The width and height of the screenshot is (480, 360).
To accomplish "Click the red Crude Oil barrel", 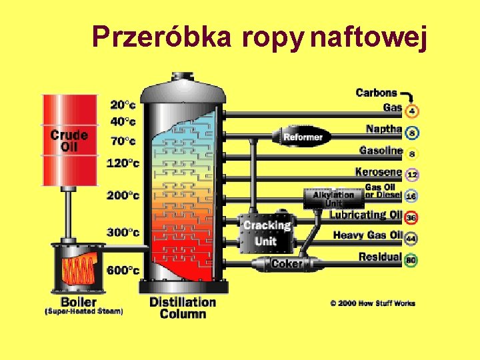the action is tap(69, 140).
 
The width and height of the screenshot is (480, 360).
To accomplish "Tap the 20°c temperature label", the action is tap(123, 105).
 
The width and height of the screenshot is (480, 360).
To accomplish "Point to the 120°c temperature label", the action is tap(123, 163).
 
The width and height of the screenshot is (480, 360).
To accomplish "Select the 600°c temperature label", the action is tap(123, 270).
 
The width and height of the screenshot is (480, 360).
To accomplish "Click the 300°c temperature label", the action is tap(123, 232).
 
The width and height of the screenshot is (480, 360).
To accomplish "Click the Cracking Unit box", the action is tap(267, 233).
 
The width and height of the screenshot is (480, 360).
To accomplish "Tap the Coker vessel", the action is tap(286, 264).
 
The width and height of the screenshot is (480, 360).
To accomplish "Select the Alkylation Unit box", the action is tap(333, 198).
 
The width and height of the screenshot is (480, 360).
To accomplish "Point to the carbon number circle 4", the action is tap(412, 111).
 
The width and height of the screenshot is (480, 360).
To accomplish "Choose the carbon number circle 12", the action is tap(412, 175).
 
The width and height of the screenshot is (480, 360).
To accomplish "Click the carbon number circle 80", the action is tap(412, 260).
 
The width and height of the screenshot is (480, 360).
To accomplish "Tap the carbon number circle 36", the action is tap(412, 218).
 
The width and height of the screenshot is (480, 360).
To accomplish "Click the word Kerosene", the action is tap(379, 172).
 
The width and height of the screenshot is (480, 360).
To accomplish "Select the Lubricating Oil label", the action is tap(366, 215).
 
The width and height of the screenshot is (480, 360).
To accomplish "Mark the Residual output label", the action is tap(380, 257).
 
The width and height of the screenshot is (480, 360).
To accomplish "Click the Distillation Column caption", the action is tap(183, 307).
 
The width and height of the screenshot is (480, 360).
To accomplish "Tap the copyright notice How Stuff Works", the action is tap(373, 303).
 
